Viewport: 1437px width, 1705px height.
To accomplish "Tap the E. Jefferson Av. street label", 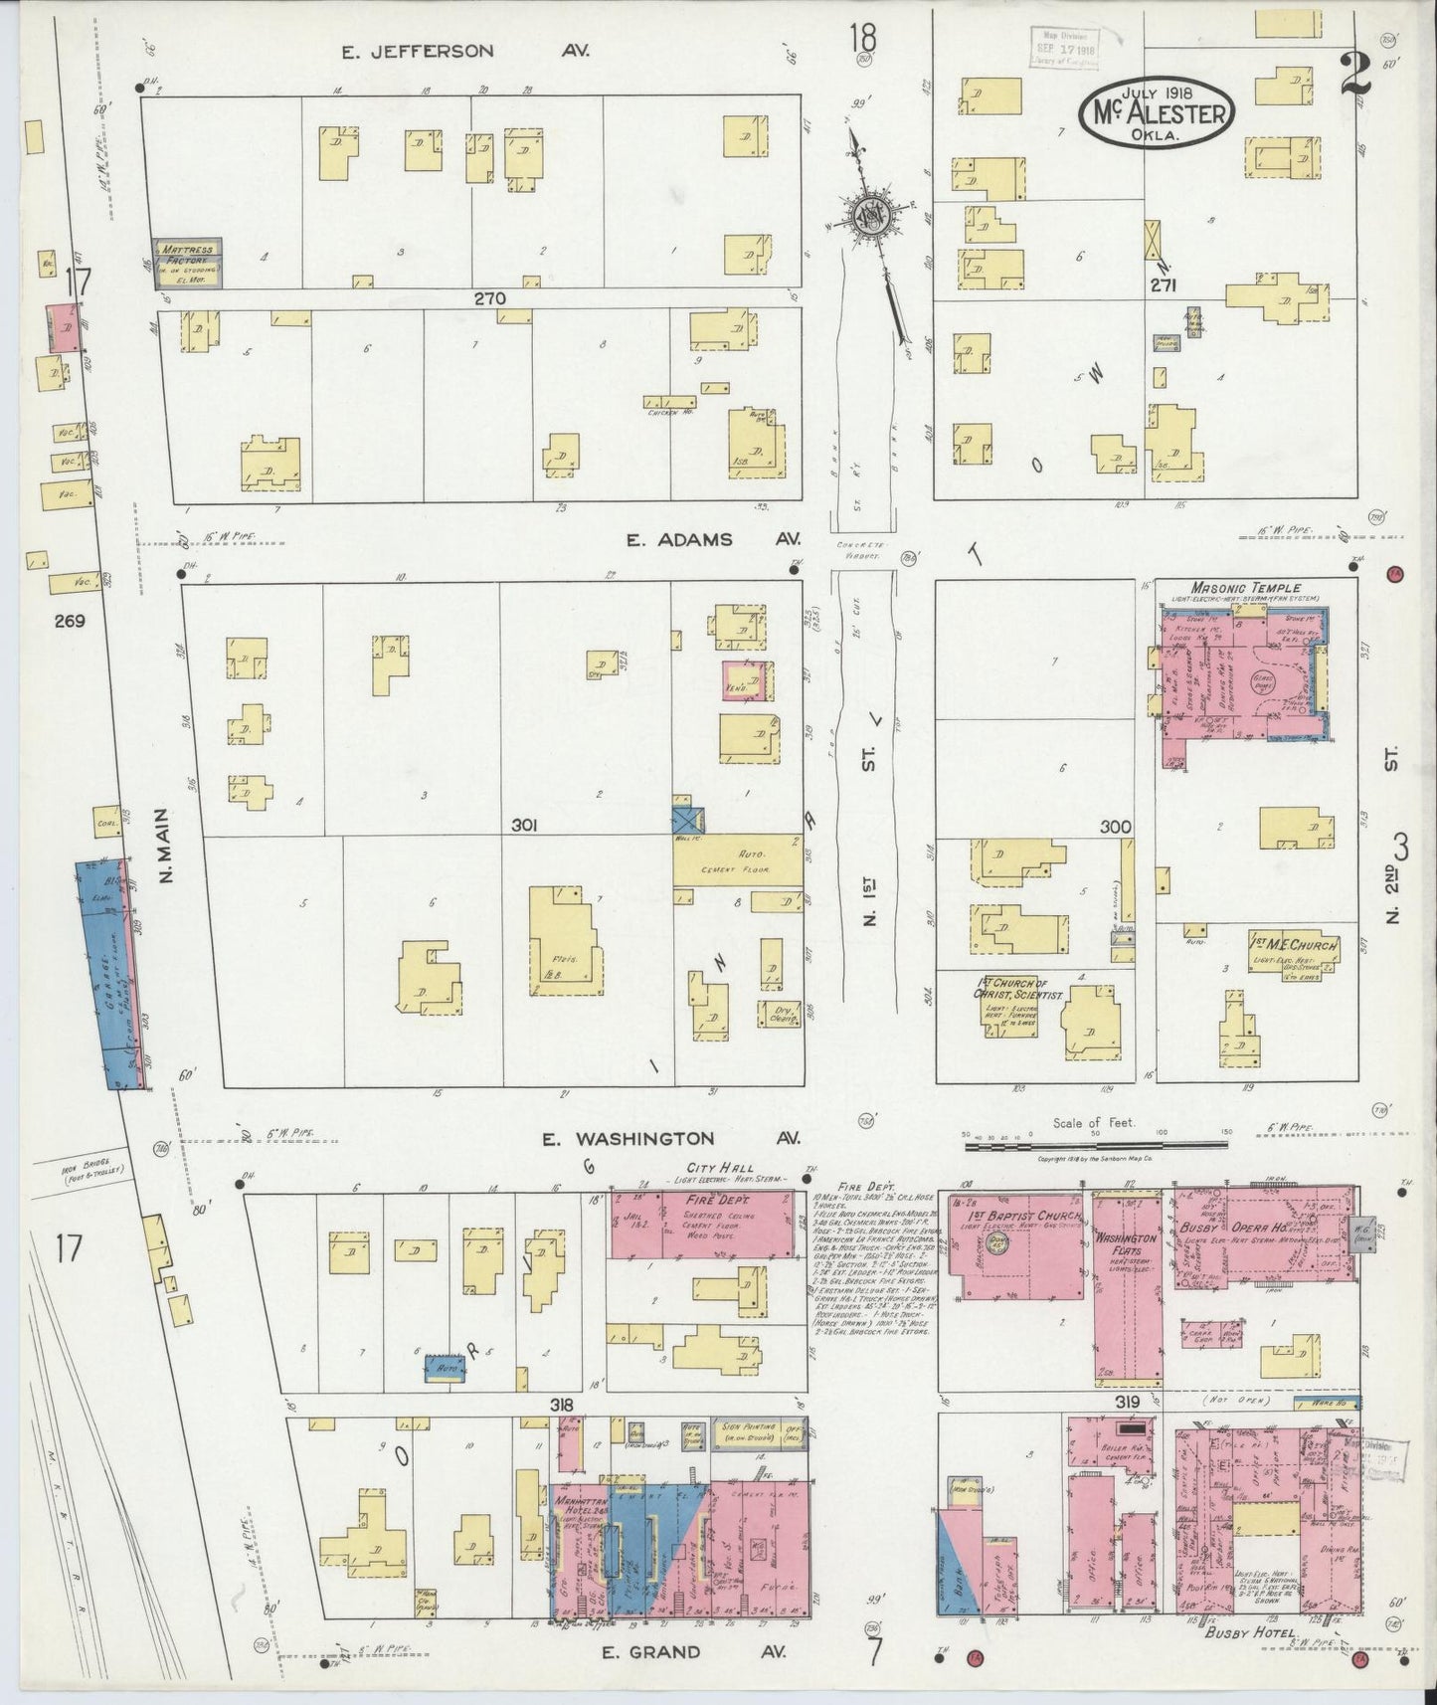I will click(x=464, y=51).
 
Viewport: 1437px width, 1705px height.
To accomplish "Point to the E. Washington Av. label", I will click(x=673, y=1138).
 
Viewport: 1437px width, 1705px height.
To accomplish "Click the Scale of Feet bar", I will click(x=1095, y=1146).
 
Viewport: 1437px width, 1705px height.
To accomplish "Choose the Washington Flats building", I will click(x=1128, y=1288).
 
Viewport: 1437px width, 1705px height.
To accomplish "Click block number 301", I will click(x=525, y=825).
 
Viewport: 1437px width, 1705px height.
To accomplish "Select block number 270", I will click(x=489, y=297).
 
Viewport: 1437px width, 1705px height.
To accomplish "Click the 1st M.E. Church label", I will click(x=1294, y=944).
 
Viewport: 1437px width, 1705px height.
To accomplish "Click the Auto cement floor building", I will click(x=737, y=859).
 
